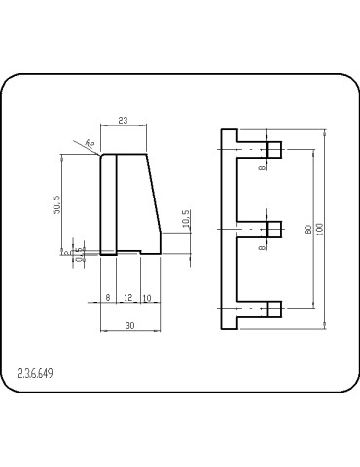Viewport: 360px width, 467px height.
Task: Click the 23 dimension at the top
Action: tap(123, 121)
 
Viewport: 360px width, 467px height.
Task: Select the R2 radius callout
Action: tap(90, 143)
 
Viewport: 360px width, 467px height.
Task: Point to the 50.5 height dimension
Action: tap(57, 205)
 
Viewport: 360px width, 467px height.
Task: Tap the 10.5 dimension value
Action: tap(186, 227)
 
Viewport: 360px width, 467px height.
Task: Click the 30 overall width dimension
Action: tap(130, 325)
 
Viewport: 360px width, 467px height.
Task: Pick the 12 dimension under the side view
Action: tap(127, 297)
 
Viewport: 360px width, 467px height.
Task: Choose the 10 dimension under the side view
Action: tap(146, 297)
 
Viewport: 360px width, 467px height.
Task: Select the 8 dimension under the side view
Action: tap(107, 297)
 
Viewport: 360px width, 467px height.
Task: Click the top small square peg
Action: tap(274, 150)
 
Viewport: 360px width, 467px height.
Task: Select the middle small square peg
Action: tap(274, 230)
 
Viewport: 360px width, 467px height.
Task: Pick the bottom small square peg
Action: tap(274, 309)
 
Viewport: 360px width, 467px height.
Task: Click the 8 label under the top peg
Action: tap(262, 167)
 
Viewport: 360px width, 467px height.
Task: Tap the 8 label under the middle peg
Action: tap(262, 247)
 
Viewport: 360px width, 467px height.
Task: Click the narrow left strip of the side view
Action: tap(108, 202)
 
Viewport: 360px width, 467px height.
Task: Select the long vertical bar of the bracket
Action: tap(230, 230)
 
